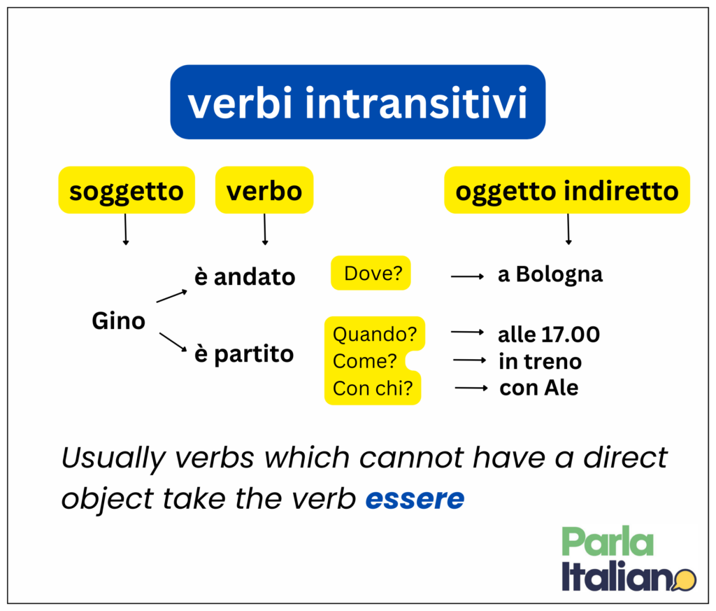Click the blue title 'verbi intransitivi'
coord(357,102)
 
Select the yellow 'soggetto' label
coord(127,190)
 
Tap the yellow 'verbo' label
coord(264,190)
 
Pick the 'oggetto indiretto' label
coord(567,190)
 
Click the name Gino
coord(119,321)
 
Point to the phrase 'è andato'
coord(245,276)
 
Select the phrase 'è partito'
coord(244,354)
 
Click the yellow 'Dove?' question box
coord(371,273)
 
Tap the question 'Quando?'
coord(375,334)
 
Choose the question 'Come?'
coord(365,361)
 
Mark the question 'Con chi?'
coord(373,388)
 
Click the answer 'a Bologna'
coord(550,274)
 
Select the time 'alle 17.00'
coord(549,335)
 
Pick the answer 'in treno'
coord(540,361)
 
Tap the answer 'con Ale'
coord(539,388)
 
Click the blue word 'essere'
coord(415,498)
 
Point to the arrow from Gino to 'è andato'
coord(172,295)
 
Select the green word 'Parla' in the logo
coord(608,541)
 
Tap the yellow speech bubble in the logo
coord(685,580)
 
